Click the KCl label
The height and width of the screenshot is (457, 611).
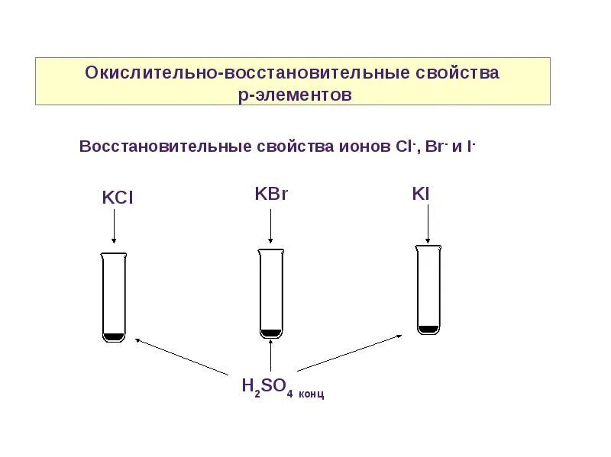pyautogui.click(x=118, y=198)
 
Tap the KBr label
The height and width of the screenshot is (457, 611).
pyautogui.click(x=270, y=194)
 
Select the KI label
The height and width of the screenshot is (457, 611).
pyautogui.click(x=421, y=194)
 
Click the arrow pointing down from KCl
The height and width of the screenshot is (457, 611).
pyautogui.click(x=114, y=227)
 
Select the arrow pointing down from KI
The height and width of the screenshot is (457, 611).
pyautogui.click(x=428, y=222)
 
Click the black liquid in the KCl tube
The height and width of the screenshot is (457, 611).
pyautogui.click(x=114, y=336)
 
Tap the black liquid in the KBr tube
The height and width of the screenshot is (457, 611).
pyautogui.click(x=270, y=332)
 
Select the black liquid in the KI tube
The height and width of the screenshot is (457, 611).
pyautogui.click(x=428, y=329)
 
